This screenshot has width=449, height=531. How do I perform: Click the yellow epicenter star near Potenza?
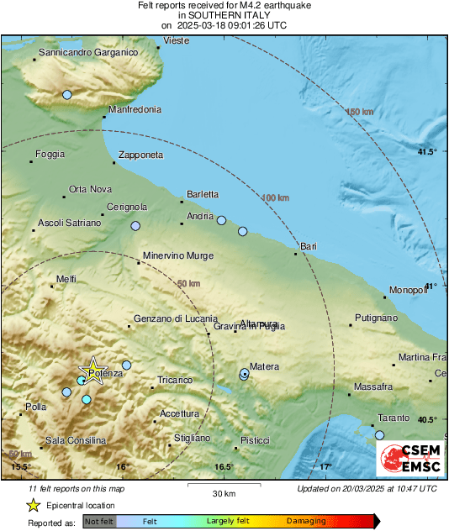coord(92,371)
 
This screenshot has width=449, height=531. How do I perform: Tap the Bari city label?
coord(308,244)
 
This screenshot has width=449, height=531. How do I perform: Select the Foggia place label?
coord(50,154)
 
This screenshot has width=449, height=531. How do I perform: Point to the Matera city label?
coord(264,365)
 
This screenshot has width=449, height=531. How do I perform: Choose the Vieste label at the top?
coord(177,40)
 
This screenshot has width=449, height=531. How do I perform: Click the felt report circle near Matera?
coord(244,374)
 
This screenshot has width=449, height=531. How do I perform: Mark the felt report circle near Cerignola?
coord(135,225)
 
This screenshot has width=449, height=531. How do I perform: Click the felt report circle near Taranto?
coord(379,434)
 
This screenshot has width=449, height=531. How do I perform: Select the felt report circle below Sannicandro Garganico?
coord(67,95)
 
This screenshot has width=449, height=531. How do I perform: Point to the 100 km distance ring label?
coord(276,197)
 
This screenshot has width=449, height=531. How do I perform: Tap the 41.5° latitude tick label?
coord(428,151)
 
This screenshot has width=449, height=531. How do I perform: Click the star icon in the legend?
coord(33,505)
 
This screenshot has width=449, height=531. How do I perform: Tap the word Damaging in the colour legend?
coord(306,521)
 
